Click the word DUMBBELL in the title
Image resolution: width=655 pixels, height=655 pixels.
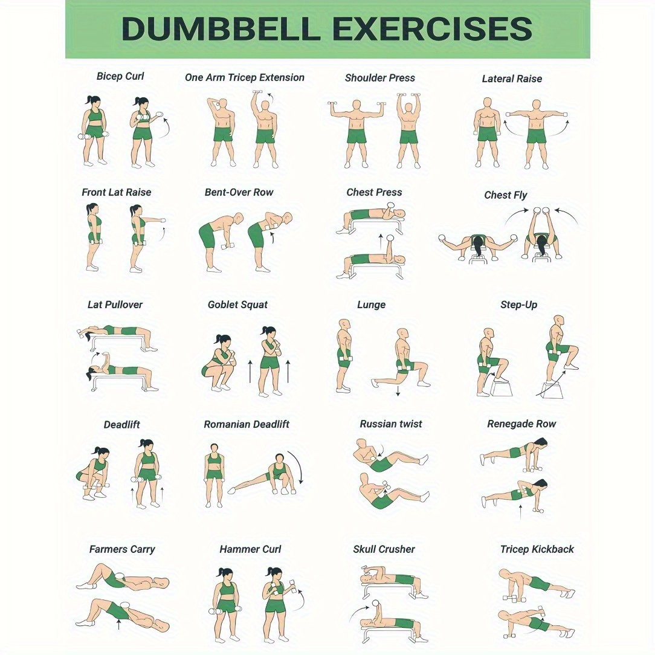(x=221, y=28)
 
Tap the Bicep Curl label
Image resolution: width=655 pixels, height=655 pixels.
(x=120, y=77)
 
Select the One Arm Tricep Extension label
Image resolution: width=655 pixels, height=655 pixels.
(x=244, y=78)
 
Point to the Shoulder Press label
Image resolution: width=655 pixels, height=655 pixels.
(x=379, y=78)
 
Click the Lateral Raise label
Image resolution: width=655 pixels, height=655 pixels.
(x=512, y=79)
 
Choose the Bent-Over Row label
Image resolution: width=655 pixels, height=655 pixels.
(x=239, y=192)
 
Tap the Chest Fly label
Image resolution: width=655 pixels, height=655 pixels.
(x=506, y=195)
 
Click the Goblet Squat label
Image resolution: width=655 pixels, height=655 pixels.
(x=237, y=305)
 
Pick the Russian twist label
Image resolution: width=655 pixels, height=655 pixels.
(x=390, y=424)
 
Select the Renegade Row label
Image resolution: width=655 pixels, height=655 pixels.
(x=521, y=424)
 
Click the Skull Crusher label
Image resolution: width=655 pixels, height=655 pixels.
(x=384, y=549)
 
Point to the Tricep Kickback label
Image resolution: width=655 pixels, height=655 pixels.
(x=537, y=549)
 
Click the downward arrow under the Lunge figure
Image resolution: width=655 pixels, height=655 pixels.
(x=398, y=390)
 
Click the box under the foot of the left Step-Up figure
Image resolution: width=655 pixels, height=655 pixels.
(x=502, y=389)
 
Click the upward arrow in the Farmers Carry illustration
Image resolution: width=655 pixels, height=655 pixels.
(x=118, y=624)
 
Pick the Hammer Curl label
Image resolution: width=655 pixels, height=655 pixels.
(x=250, y=549)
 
